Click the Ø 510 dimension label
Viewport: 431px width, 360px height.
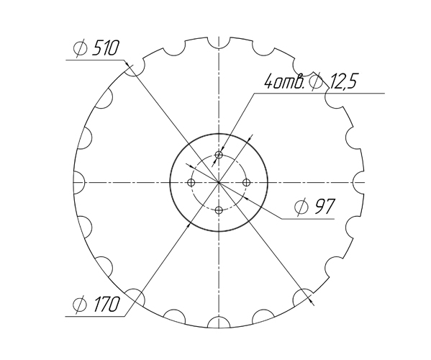click(x=98, y=49)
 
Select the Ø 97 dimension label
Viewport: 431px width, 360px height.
click(x=315, y=207)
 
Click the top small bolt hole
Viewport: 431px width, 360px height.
click(x=219, y=155)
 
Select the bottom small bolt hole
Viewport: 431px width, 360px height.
click(x=219, y=210)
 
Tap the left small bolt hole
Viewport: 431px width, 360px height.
click(x=191, y=183)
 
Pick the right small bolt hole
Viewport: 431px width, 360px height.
click(x=246, y=183)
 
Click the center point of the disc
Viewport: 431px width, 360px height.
click(x=219, y=183)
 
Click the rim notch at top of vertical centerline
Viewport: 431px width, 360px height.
click(x=219, y=41)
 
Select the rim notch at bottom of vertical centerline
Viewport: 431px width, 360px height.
click(x=219, y=323)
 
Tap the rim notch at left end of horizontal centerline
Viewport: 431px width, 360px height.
click(x=78, y=183)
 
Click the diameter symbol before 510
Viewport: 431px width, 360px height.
click(x=81, y=49)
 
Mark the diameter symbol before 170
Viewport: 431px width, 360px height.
click(x=80, y=305)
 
